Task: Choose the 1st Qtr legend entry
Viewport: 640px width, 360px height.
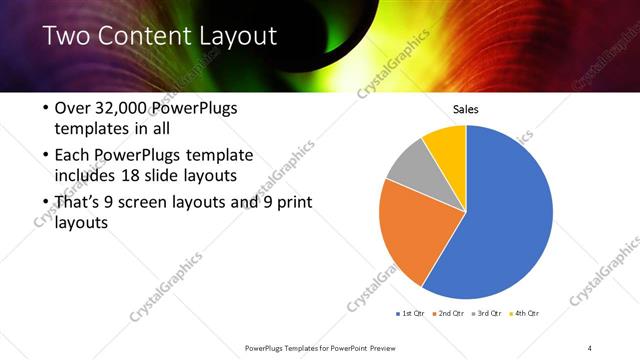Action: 411,314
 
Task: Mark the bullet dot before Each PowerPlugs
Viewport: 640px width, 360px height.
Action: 44,156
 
